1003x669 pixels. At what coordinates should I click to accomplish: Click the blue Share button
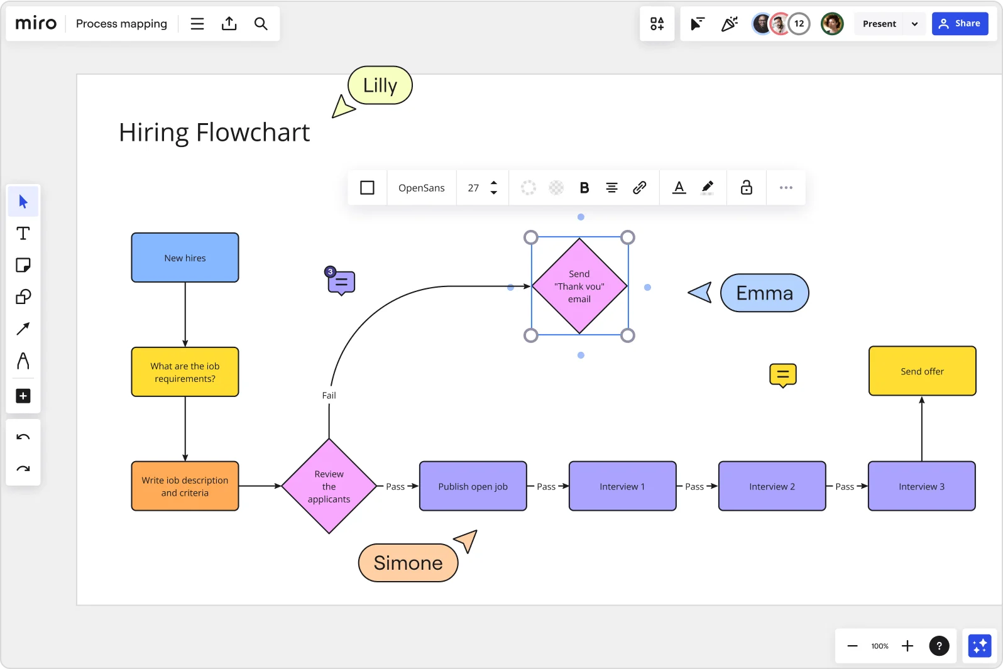(959, 24)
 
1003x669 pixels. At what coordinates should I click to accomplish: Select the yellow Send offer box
(922, 371)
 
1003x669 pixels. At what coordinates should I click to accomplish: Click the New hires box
(185, 258)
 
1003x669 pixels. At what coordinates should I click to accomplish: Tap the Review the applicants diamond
(329, 486)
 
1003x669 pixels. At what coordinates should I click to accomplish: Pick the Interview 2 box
(772, 486)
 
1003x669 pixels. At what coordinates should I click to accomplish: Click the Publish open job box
(473, 486)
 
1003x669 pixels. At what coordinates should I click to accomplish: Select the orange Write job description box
(185, 486)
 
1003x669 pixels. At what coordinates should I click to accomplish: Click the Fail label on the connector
(329, 395)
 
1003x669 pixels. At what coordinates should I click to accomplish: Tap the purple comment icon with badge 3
(341, 283)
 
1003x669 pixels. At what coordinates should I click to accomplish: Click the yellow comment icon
(782, 375)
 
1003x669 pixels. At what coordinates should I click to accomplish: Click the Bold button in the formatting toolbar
(584, 188)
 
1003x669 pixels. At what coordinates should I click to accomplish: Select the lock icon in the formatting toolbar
(746, 188)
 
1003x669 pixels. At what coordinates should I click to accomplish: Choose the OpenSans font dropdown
(421, 188)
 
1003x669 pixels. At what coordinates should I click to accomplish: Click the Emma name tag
(764, 293)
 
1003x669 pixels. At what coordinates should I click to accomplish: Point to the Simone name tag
(408, 563)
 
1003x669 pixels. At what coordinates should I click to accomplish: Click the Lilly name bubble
(380, 85)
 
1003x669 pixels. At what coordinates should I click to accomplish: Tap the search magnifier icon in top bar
(261, 24)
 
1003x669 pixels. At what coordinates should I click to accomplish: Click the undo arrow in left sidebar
(23, 437)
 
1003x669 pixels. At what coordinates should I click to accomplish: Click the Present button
(879, 24)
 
